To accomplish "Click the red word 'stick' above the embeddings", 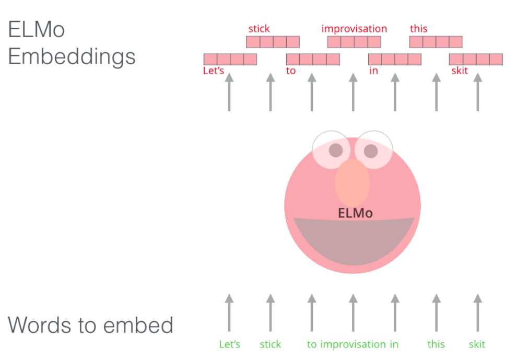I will click(259, 29).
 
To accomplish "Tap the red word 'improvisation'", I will click(354, 29).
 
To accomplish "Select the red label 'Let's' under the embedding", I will click(213, 71).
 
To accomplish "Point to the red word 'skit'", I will click(460, 71).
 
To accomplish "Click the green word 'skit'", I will click(477, 344).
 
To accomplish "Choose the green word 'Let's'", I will click(230, 344).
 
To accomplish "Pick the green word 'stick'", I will click(271, 344).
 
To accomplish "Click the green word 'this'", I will click(436, 344).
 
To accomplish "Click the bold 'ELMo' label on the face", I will click(356, 213).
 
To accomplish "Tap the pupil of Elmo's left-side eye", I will click(336, 150).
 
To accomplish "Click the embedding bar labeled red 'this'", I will click(436, 42).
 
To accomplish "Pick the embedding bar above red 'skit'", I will click(476, 59).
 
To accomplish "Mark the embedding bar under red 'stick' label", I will click(273, 42).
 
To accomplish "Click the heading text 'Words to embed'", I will click(90, 326).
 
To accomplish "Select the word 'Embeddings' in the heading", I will click(72, 56).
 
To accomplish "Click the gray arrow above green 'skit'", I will click(477, 312).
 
